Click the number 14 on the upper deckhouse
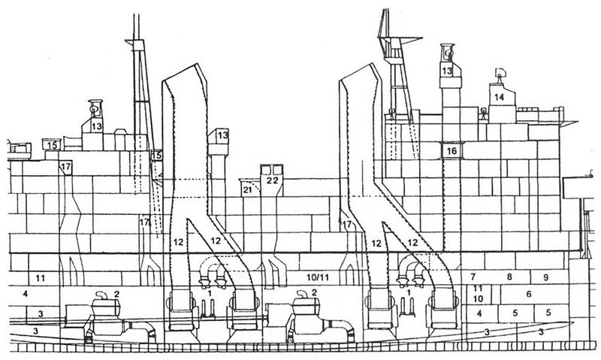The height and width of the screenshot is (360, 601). coord(499,98)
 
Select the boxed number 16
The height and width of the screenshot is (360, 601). coord(452,150)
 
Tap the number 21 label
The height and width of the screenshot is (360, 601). coord(249,190)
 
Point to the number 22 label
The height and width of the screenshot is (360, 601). coord(272,180)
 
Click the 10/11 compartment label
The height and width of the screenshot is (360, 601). coord(318,277)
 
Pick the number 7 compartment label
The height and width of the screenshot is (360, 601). coord(473,276)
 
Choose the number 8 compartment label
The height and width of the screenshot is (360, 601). coord(509,276)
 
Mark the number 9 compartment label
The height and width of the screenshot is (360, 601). coord(546,277)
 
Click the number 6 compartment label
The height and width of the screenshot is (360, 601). coord(529,294)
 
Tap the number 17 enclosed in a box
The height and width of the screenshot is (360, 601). coord(65,167)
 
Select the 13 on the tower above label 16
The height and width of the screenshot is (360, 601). coord(447,71)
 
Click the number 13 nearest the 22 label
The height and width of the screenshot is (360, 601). coord(222,135)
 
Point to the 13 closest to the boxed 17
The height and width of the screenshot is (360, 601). coord(97,126)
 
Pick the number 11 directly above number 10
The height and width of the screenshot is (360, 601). coord(478,288)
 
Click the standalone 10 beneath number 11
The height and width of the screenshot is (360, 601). coord(478,298)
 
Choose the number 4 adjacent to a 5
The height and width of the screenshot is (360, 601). coord(479,313)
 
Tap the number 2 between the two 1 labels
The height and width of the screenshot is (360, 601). coord(314,292)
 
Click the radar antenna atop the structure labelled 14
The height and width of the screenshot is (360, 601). coord(499,74)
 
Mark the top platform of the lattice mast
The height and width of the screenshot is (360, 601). coord(400,39)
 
